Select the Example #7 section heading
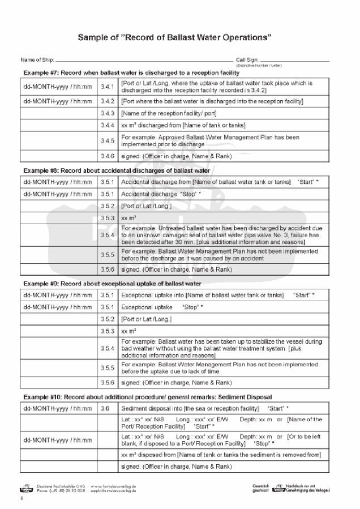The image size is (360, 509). click(x=131, y=73)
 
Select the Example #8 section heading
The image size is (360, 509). click(x=117, y=170)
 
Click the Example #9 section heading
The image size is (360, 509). click(x=113, y=283)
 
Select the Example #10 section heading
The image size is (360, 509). click(x=148, y=397)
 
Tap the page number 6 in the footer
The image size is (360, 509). click(x=21, y=499)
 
